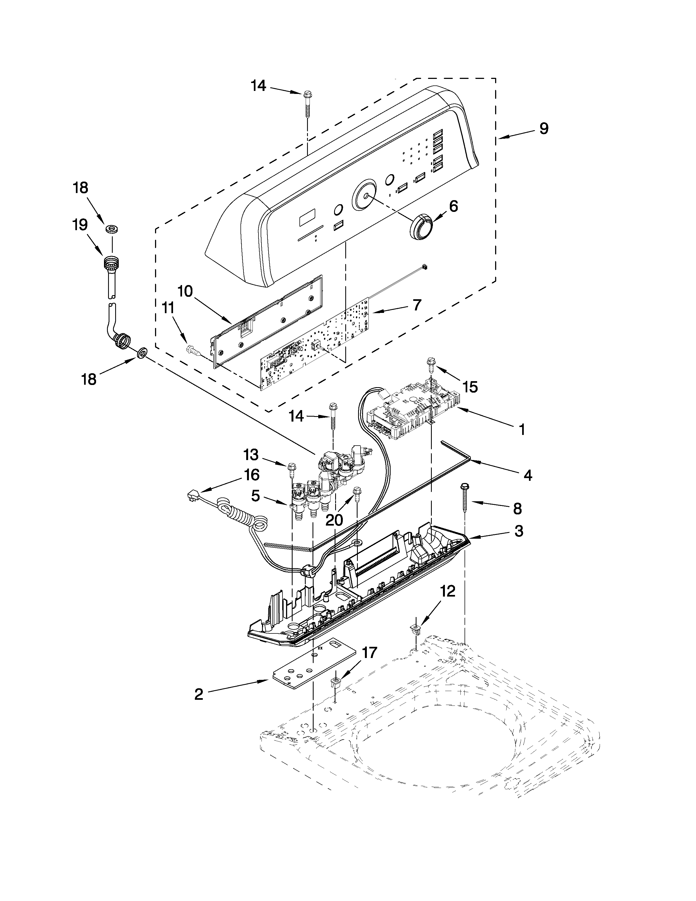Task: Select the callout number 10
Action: pyautogui.click(x=185, y=291)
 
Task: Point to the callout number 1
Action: pyautogui.click(x=522, y=430)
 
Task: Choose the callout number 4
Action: pyautogui.click(x=528, y=475)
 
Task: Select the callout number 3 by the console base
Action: pyautogui.click(x=519, y=531)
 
